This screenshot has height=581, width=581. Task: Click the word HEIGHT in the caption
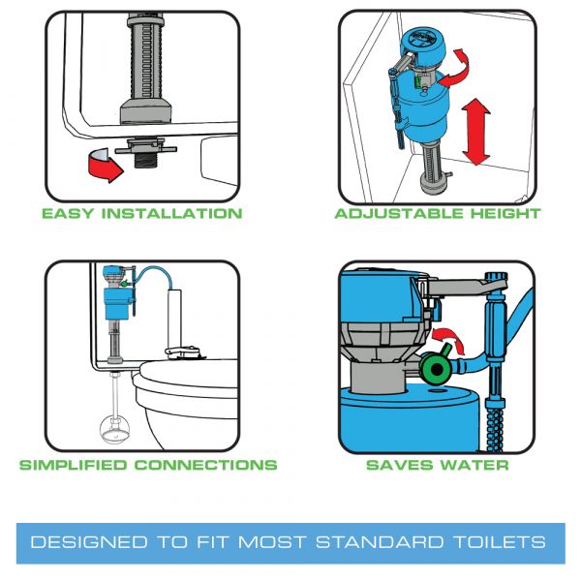click(498, 213)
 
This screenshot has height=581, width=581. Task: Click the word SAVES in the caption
click(398, 465)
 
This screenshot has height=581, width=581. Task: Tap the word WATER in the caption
click(472, 465)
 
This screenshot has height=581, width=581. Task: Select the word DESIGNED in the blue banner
click(80, 540)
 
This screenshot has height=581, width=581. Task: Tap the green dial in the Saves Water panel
click(435, 369)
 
